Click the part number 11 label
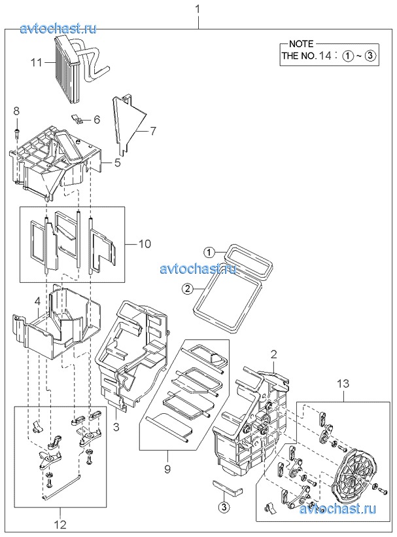tap(36, 63)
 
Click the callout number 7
tap(153, 131)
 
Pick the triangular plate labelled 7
tap(129, 123)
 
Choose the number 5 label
tap(117, 162)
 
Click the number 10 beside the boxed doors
tap(145, 244)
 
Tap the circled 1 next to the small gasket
tap(209, 253)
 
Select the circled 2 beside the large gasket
tap(187, 289)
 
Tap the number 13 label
tap(343, 384)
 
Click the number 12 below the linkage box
tap(60, 524)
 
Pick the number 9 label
tap(167, 469)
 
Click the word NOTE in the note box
tap(301, 44)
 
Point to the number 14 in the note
tap(325, 56)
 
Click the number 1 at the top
tap(198, 9)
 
